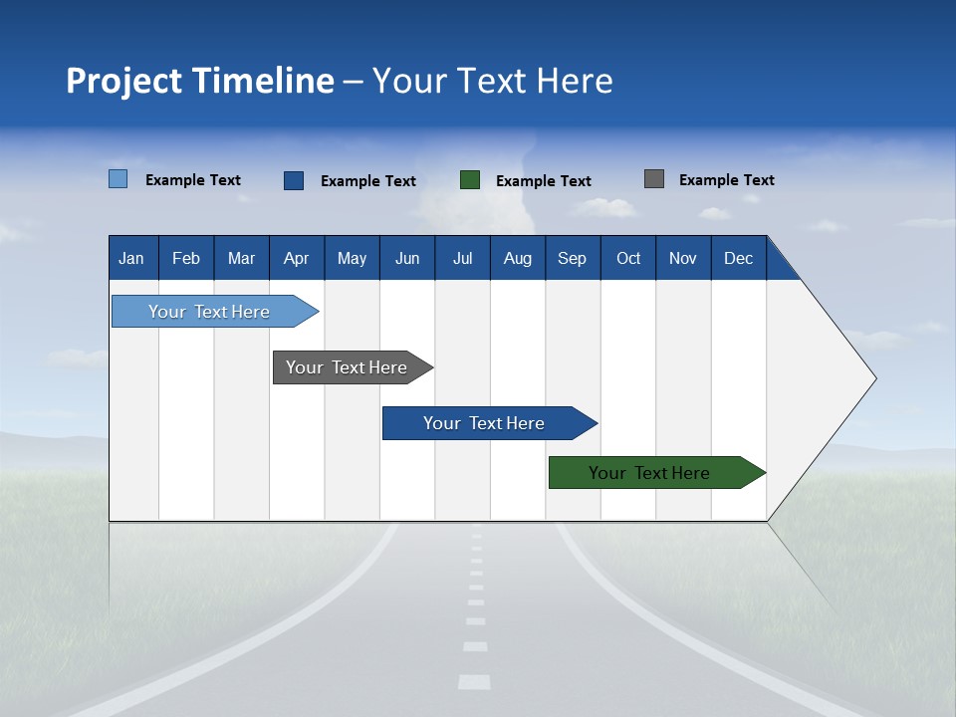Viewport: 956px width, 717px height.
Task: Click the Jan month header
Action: pyautogui.click(x=132, y=258)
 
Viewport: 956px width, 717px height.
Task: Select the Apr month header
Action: pyautogui.click(x=297, y=258)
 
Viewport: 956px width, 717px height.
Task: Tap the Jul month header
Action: pyautogui.click(x=462, y=258)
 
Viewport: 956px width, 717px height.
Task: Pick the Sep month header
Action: pyautogui.click(x=572, y=258)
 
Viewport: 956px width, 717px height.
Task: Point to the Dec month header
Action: pyautogui.click(x=738, y=258)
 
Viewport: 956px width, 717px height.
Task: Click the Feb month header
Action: pyautogui.click(x=186, y=258)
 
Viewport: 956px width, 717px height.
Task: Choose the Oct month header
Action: pyautogui.click(x=627, y=258)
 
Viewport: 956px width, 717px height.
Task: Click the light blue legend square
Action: pyautogui.click(x=119, y=179)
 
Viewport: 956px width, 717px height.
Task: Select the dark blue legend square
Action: pyautogui.click(x=294, y=180)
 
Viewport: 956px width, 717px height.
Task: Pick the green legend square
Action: pyautogui.click(x=470, y=180)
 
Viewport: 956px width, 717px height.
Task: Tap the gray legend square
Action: pyautogui.click(x=654, y=179)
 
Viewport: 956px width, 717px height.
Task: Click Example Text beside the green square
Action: pyautogui.click(x=543, y=181)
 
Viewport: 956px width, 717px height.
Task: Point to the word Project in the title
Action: pyautogui.click(x=123, y=81)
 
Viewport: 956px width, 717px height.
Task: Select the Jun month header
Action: pyautogui.click(x=407, y=258)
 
